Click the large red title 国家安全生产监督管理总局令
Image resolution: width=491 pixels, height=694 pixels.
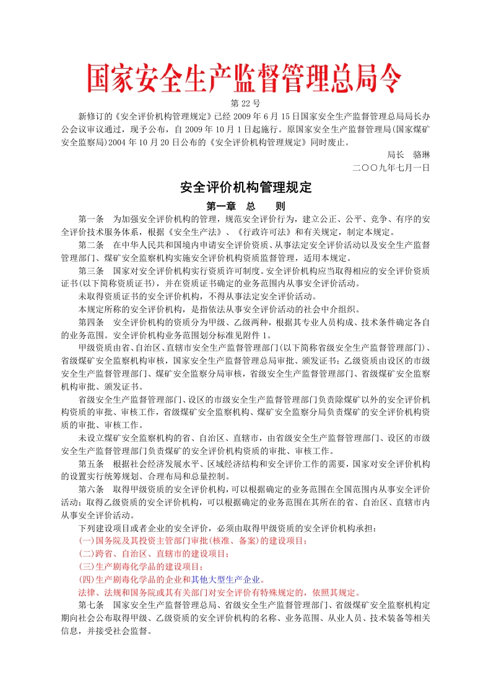pyautogui.click(x=244, y=79)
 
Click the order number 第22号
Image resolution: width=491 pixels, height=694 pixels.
pyautogui.click(x=245, y=103)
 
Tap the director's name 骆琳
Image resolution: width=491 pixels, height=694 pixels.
pyautogui.click(x=420, y=155)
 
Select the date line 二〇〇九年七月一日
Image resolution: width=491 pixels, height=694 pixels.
pyautogui.click(x=390, y=167)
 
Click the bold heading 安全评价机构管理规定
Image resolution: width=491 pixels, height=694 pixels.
pyautogui.click(x=245, y=187)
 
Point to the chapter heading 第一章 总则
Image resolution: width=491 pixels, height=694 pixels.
pyautogui.click(x=245, y=206)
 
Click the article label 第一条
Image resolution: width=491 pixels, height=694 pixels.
pyautogui.click(x=91, y=219)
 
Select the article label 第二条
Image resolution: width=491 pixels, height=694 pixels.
pyautogui.click(x=91, y=245)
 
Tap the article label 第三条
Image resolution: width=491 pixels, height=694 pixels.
pyautogui.click(x=91, y=271)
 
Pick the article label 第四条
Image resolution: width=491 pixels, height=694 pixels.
pyautogui.click(x=91, y=322)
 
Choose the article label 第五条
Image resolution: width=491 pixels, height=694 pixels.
pyautogui.click(x=91, y=464)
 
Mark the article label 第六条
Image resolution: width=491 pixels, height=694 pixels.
pyautogui.click(x=91, y=489)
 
